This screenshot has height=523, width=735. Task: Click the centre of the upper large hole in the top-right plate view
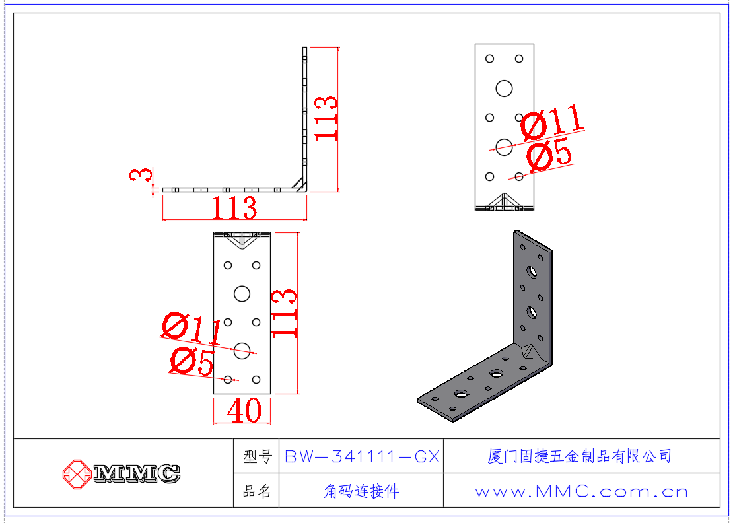(504, 88)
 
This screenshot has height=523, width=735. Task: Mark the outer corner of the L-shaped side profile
(306, 192)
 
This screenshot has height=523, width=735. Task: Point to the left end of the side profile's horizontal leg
(162, 190)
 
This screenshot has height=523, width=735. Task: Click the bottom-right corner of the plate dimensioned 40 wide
(271, 394)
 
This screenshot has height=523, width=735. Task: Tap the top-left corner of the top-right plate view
(475, 44)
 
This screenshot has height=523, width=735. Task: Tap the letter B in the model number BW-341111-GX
(291, 456)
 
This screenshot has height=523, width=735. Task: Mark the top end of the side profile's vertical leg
(304, 47)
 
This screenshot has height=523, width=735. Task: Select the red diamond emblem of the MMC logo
(77, 474)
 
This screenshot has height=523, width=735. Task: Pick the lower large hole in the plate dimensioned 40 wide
(242, 350)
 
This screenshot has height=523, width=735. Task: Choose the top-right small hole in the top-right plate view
(519, 59)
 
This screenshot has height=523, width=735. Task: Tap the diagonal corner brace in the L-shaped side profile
(298, 184)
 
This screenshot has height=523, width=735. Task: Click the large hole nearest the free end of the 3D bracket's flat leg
(461, 394)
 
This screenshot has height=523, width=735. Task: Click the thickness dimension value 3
(141, 175)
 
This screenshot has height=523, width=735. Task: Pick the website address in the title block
(581, 491)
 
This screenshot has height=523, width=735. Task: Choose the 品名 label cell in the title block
(256, 491)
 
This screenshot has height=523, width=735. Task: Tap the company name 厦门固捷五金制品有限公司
(579, 456)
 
